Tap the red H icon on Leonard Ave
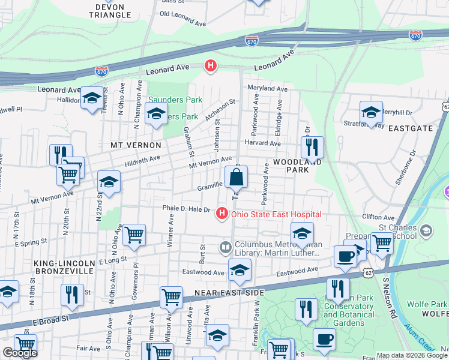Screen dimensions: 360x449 pos(211,66)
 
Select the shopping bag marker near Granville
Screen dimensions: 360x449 pos(237,178)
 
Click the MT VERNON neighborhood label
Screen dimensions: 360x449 pos(136,145)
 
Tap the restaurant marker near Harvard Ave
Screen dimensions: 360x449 pos(312,147)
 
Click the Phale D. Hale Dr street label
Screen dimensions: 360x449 pos(186,209)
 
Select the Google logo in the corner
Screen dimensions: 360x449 pos(20,353)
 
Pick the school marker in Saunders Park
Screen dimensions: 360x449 pos(156,114)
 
